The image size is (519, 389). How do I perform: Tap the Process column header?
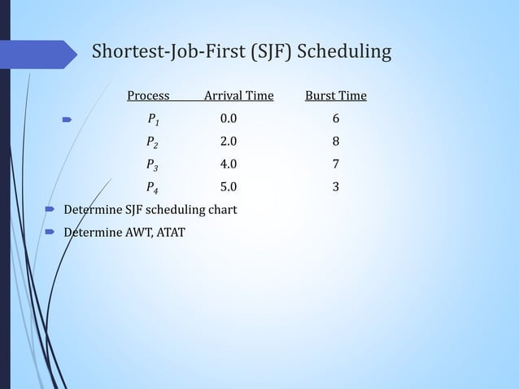tap(148, 97)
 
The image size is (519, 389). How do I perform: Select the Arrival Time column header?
tap(238, 97)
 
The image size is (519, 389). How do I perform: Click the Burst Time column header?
tap(335, 97)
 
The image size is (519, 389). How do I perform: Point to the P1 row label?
tap(153, 120)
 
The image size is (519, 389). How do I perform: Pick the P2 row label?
tap(153, 142)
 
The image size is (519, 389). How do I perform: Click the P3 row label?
tap(153, 164)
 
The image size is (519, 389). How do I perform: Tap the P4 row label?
tap(153, 187)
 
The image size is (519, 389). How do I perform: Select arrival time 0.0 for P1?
tap(229, 120)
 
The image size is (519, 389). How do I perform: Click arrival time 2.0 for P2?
tap(229, 142)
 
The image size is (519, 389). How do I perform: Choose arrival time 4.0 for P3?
tap(229, 164)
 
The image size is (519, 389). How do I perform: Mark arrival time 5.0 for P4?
tap(229, 186)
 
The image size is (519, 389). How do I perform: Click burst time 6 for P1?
tap(336, 120)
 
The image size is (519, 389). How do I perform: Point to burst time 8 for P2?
tap(336, 142)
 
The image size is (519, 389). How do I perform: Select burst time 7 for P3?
tap(336, 164)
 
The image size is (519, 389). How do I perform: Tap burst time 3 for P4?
tap(336, 186)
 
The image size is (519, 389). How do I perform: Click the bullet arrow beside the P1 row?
tap(68, 120)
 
